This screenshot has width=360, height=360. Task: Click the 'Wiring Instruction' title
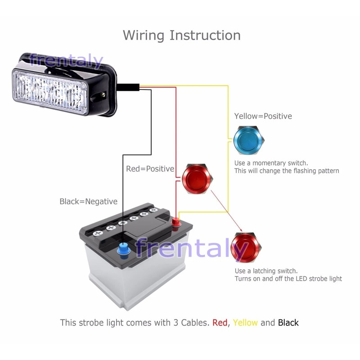pyautogui.click(x=181, y=35)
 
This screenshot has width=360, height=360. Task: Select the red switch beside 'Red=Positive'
pyautogui.click(x=197, y=179)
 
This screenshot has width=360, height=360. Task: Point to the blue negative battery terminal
pyautogui.click(x=122, y=249)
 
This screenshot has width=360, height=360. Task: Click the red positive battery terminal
pyautogui.click(x=176, y=221)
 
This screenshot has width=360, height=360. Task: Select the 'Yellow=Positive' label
pyautogui.click(x=263, y=116)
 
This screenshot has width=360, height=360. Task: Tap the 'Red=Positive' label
pyautogui.click(x=150, y=169)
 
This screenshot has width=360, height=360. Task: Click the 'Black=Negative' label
pyautogui.click(x=88, y=202)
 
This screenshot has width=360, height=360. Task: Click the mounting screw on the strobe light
pyautogui.click(x=103, y=95)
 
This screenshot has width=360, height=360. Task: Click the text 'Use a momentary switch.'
pyautogui.click(x=271, y=163)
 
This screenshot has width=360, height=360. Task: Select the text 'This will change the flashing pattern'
pyautogui.click(x=286, y=171)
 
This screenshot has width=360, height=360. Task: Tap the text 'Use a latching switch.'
pyautogui.click(x=266, y=271)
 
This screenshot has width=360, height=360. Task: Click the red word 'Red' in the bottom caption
pyautogui.click(x=220, y=323)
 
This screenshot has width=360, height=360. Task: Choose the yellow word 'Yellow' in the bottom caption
pyautogui.click(x=245, y=323)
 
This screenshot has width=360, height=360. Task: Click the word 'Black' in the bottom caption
pyautogui.click(x=288, y=323)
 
